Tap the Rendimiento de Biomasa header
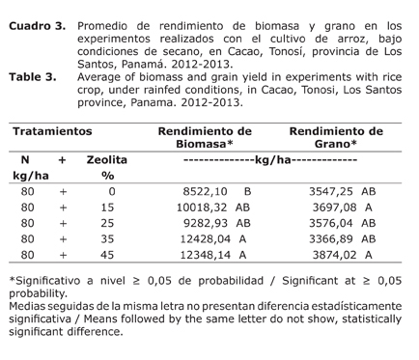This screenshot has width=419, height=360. (x=204, y=137)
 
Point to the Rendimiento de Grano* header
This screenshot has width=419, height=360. (x=336, y=137)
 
